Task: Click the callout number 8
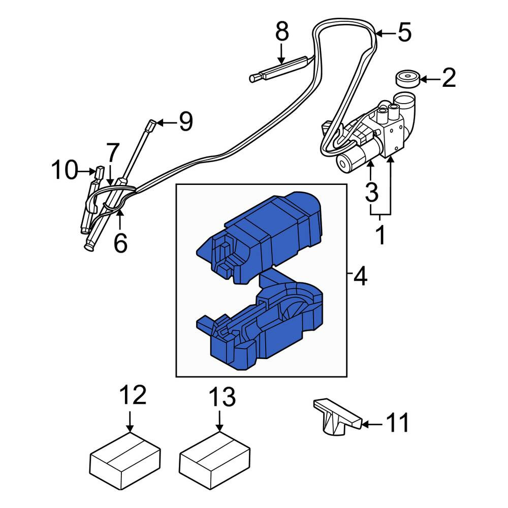(282, 31)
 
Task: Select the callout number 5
(405, 32)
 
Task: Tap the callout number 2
(449, 78)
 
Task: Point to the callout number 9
(186, 121)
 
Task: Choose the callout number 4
(360, 276)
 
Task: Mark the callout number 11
(397, 423)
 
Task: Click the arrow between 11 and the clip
(372, 424)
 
